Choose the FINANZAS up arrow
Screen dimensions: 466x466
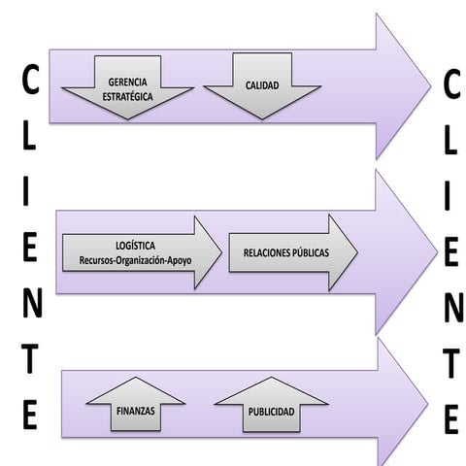[136, 406]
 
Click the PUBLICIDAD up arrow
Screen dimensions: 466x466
[271, 406]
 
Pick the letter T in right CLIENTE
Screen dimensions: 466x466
[451, 363]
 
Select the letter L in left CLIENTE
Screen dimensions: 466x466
[31, 140]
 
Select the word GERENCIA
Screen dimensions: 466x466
[128, 82]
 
